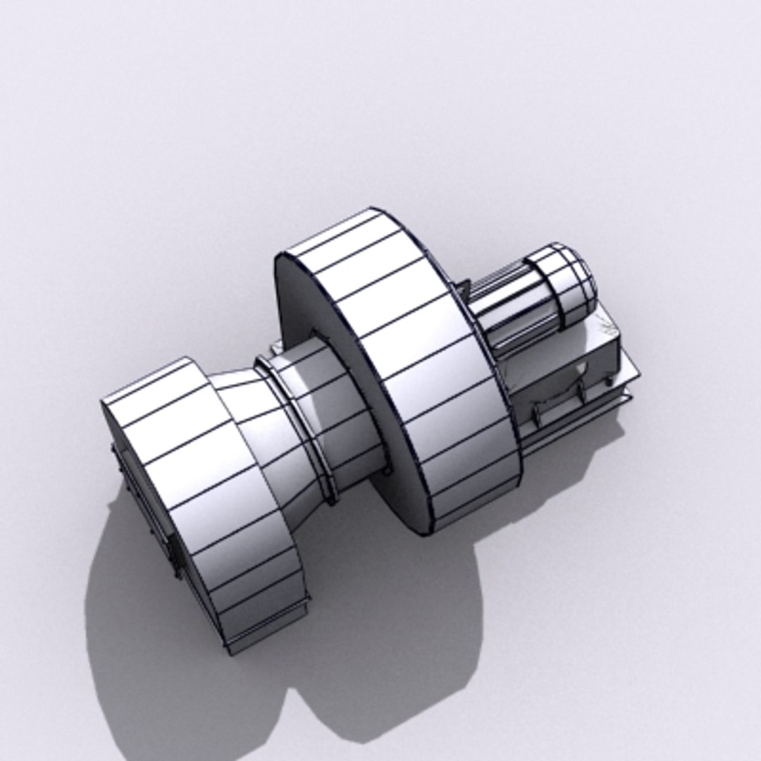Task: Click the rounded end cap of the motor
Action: (569, 280)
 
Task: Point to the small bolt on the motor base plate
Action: (605, 381)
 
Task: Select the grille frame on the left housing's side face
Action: (144, 507)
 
